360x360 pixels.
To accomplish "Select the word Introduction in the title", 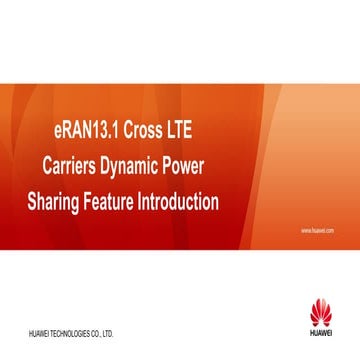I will click(181, 203).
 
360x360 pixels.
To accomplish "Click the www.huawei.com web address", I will click(316, 230).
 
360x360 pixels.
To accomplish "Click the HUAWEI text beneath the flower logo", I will click(321, 333).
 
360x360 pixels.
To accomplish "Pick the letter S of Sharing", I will click(32, 203).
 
